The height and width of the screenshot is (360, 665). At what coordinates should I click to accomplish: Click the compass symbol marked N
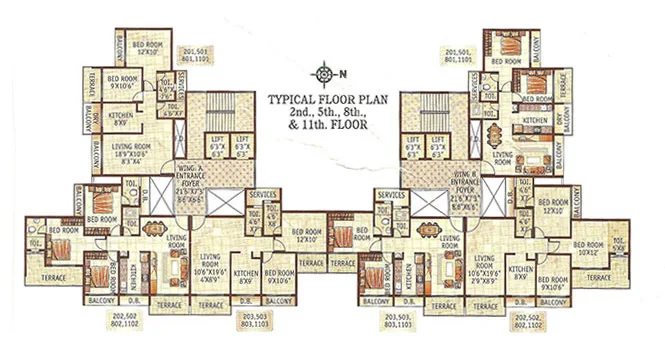click(324, 73)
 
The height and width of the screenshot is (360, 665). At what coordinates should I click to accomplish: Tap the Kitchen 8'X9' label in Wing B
click(518, 273)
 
